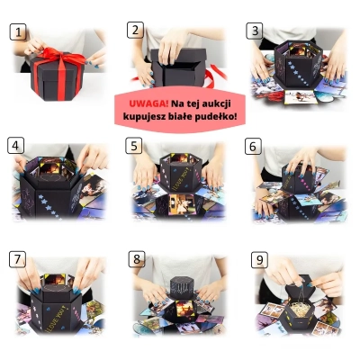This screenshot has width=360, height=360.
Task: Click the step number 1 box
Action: (18, 31)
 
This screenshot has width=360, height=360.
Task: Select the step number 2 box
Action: (135, 30)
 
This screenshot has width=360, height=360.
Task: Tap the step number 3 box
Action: (255, 31)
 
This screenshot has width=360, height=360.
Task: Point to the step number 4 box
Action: (15, 146)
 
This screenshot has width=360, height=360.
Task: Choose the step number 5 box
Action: (134, 146)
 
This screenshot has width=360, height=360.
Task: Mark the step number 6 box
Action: (253, 146)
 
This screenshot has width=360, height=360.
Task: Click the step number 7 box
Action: (17, 259)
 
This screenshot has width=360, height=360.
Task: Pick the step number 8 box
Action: (137, 259)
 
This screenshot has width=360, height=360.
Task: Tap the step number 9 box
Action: (259, 260)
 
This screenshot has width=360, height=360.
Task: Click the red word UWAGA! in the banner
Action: (148, 103)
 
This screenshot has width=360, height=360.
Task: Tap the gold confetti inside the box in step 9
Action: (298, 310)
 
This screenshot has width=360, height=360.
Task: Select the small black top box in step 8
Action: (181, 287)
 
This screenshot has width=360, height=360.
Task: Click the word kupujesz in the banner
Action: (143, 117)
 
